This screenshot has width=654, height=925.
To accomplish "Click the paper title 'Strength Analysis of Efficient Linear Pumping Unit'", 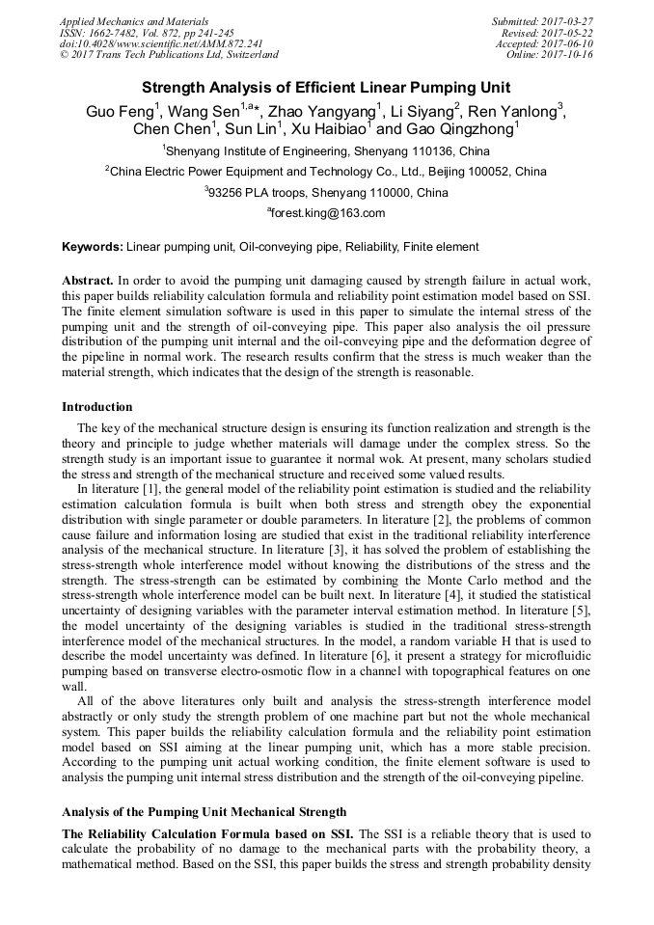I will pos(326,88).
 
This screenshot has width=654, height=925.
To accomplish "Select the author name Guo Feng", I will pos(121,111).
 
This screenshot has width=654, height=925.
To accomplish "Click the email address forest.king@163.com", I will pos(328,213).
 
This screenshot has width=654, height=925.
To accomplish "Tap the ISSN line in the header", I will pos(146,32).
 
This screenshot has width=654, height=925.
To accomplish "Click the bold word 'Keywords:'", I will pos(92,248).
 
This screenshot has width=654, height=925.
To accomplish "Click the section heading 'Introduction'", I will pos(97,407).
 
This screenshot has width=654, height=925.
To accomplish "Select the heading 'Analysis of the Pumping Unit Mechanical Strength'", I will pos(204,812).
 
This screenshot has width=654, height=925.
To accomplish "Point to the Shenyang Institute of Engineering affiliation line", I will pos(326,151).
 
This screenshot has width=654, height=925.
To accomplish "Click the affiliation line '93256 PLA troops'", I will pos(326,193).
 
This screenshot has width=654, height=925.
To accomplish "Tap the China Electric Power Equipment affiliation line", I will pos(326,173).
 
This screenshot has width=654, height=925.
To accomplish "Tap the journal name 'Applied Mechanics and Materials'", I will pos(133,20).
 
